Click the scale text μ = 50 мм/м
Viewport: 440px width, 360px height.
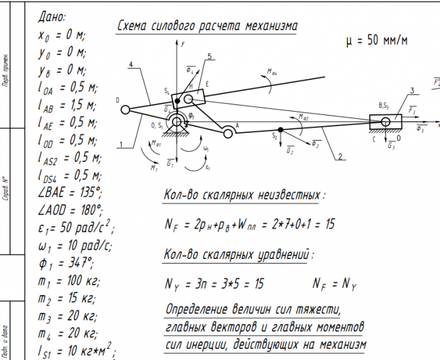click(377, 40)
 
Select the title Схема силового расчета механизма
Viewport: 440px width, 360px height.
click(206, 26)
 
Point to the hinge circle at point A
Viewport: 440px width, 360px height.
click(228, 133)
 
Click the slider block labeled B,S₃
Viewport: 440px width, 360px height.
click(387, 122)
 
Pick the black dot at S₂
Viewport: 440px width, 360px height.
click(281, 129)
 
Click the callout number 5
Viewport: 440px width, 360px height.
click(210, 57)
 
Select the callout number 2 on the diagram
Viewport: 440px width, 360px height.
click(340, 157)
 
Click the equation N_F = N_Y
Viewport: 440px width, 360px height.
click(334, 285)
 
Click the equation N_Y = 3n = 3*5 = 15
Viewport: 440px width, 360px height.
click(215, 285)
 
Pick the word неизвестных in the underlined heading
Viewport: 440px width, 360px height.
click(288, 196)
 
